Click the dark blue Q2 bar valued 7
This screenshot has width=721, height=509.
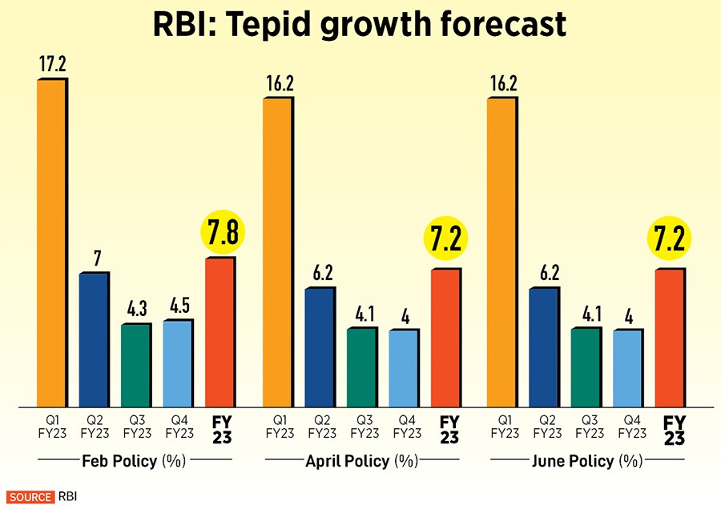(93, 339)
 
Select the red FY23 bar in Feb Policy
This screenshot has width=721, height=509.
(220, 331)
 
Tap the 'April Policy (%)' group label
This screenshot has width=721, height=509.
(361, 462)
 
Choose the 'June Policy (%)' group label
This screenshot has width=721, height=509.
(587, 462)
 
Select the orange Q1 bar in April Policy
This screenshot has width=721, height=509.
(276, 252)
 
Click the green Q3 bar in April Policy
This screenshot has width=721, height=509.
(360, 367)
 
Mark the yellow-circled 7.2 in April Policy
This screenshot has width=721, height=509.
(445, 240)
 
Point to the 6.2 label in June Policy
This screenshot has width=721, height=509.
(544, 272)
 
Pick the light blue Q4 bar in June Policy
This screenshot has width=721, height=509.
(627, 368)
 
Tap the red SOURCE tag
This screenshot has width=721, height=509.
(30, 497)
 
